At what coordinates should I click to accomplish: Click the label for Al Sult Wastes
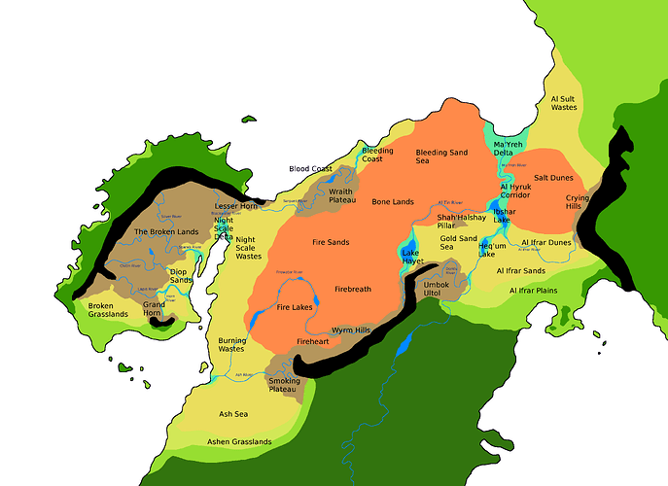(564, 103)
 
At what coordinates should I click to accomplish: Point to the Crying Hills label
(579, 201)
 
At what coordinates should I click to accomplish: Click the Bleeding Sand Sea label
(441, 157)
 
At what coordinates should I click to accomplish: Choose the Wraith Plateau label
(341, 195)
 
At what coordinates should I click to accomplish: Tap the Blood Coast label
(310, 168)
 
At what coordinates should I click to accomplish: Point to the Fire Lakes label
(294, 307)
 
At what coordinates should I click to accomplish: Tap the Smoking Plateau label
(285, 385)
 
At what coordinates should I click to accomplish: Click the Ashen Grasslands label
(239, 441)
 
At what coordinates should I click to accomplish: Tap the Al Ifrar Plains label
(533, 290)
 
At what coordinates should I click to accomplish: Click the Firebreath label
(352, 290)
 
